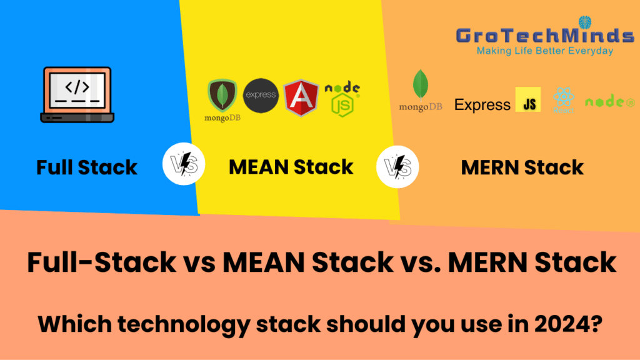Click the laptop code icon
point(77,94)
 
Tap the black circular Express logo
point(261,96)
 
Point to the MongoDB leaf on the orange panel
point(420,85)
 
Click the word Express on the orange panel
point(482,104)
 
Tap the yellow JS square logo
point(528,100)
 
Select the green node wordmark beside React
point(609,101)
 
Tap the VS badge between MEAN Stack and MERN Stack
point(397,167)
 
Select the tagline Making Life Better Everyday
point(545,51)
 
